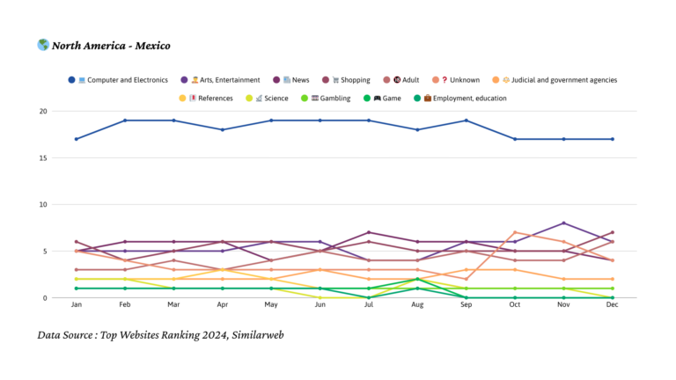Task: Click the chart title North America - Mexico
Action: click(x=111, y=46)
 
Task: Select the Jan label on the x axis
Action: click(x=77, y=304)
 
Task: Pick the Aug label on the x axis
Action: click(x=416, y=304)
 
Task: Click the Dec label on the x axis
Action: click(x=612, y=304)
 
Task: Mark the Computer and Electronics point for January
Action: click(x=77, y=139)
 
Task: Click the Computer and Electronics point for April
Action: click(x=223, y=130)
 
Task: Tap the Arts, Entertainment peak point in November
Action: click(x=563, y=223)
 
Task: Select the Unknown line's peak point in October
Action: click(x=514, y=232)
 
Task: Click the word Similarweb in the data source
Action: click(x=254, y=335)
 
